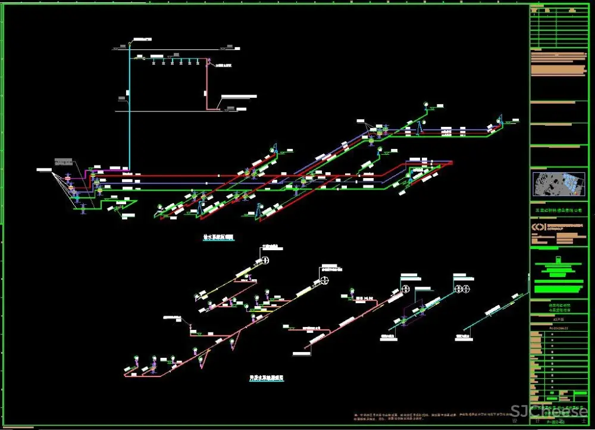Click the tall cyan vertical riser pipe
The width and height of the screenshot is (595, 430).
pos(129,119)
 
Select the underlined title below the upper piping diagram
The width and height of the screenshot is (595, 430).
pos(219,237)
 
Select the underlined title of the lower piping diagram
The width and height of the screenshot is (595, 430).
pos(266,378)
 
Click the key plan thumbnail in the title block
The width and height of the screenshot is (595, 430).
pos(558,184)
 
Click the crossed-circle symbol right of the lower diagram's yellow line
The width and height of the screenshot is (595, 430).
pos(325,281)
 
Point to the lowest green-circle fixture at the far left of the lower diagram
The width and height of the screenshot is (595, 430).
pos(136,359)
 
